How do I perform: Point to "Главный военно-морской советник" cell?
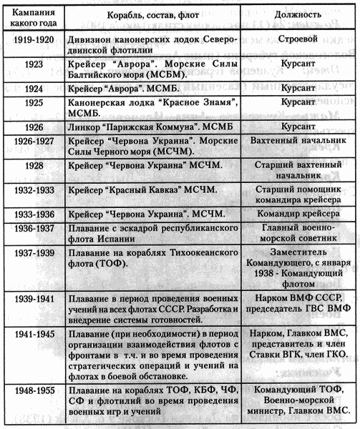point(301,237)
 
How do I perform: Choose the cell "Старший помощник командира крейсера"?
point(301,196)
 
